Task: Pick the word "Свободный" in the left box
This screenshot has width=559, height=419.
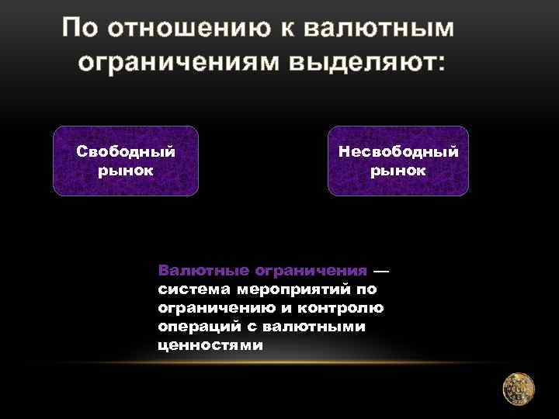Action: pyautogui.click(x=126, y=151)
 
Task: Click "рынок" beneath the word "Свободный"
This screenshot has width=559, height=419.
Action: pyautogui.click(x=126, y=170)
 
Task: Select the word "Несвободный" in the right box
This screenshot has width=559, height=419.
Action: pyautogui.click(x=398, y=151)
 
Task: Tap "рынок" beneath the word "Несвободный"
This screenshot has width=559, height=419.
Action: pyautogui.click(x=398, y=170)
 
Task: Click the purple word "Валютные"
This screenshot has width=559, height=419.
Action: pyautogui.click(x=193, y=271)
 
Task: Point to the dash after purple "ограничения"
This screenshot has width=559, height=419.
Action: pyautogui.click(x=382, y=271)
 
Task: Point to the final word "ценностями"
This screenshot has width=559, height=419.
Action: pyautogui.click(x=210, y=345)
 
